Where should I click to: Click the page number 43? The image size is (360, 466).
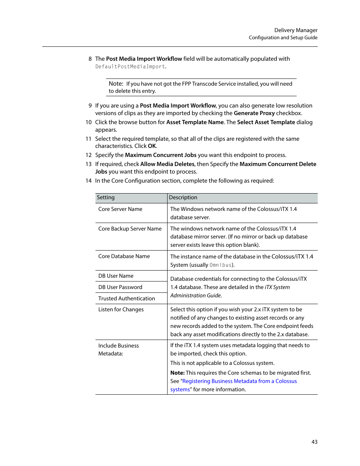(314, 442)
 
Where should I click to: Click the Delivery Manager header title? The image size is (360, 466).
(295, 30)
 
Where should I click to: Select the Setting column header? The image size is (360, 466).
(106, 197)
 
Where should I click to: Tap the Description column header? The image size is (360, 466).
(183, 197)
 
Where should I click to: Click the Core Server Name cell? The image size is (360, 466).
(120, 209)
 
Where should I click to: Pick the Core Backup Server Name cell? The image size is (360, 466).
(130, 229)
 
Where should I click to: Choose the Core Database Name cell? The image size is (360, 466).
(124, 256)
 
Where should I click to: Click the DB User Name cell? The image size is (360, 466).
(116, 276)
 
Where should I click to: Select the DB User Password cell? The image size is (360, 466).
(120, 287)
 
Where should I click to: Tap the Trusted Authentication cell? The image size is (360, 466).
(126, 298)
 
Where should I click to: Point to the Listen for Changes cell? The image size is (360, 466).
(121, 309)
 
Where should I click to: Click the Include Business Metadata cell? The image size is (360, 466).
(118, 349)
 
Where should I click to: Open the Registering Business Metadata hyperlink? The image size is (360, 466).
(239, 381)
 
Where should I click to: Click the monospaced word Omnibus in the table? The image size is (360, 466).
(220, 265)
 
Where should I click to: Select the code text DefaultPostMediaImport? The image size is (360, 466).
(130, 67)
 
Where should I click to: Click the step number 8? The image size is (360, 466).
(90, 59)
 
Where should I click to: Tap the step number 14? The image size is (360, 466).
(88, 181)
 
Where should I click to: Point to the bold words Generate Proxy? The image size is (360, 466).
(254, 113)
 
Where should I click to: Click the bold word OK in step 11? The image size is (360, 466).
(152, 146)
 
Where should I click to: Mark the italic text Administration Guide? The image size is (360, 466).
(196, 295)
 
